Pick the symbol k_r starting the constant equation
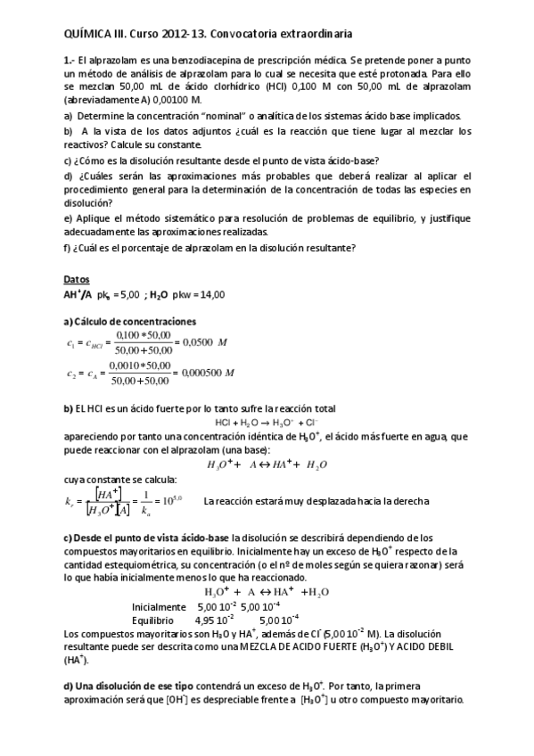72,502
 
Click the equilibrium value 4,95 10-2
215,619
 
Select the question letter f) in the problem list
69,247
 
